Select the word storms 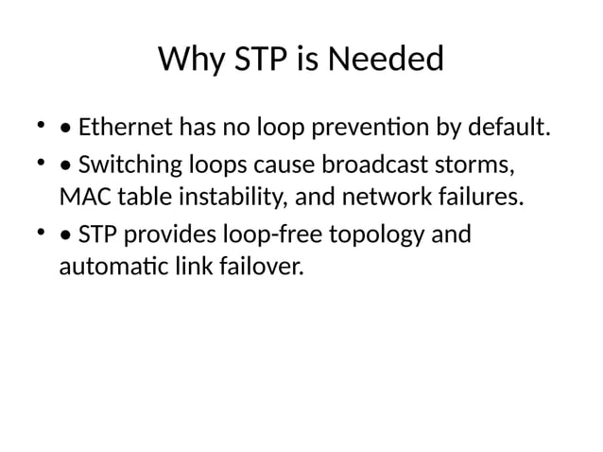(481, 166)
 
